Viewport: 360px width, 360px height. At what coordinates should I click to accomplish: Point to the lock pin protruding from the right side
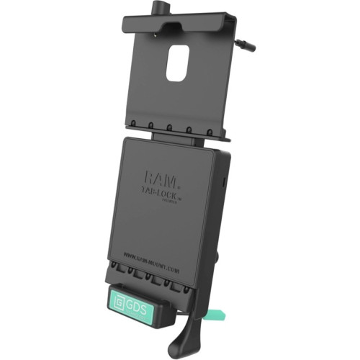click(x=248, y=45)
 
